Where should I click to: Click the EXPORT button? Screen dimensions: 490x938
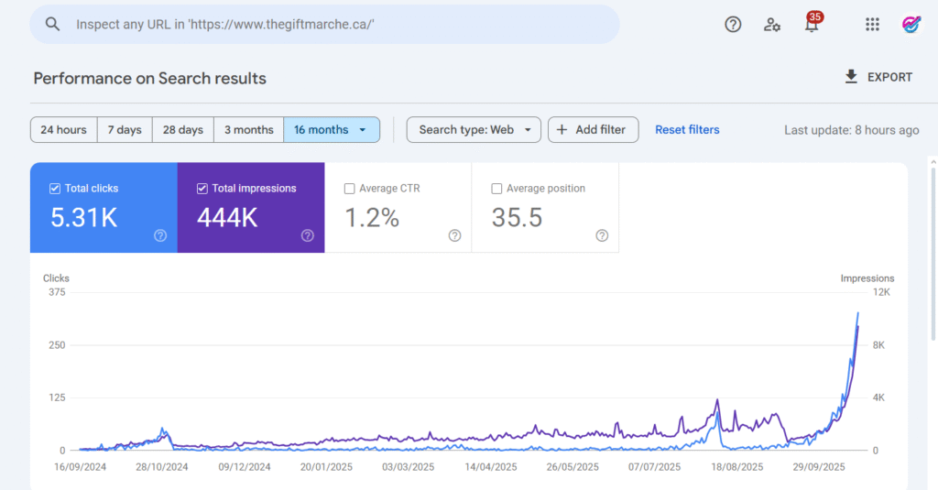[x=878, y=78]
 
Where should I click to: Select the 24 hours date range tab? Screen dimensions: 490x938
[x=63, y=130]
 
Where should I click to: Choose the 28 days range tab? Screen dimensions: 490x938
[x=183, y=130]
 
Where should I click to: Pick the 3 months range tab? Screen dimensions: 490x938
[x=249, y=130]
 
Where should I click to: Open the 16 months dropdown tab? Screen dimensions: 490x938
[x=331, y=130]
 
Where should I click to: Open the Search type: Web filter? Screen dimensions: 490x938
[x=474, y=130]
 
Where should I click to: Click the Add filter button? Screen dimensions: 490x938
[x=593, y=130]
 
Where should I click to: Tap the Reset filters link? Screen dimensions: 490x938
[x=687, y=130]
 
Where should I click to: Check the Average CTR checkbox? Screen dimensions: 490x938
[x=349, y=189]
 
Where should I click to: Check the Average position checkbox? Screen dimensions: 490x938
[x=497, y=189]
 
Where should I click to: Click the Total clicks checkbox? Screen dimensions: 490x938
[x=54, y=189]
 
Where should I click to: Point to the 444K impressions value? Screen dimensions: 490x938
[x=227, y=218]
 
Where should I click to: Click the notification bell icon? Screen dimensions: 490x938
[x=812, y=25]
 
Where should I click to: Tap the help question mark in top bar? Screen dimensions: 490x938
[x=733, y=25]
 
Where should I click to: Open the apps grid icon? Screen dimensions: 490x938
[x=872, y=25]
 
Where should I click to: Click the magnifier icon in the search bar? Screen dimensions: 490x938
[x=52, y=25]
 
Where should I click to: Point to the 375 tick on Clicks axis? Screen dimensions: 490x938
[x=57, y=292]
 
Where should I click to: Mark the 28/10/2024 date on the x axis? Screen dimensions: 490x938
[x=162, y=466]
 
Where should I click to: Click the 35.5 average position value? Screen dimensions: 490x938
[x=518, y=218]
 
